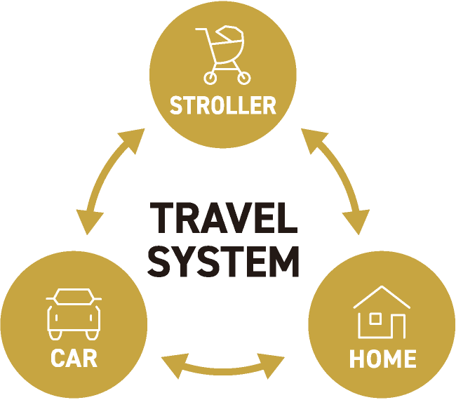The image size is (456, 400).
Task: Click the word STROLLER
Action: (223, 106)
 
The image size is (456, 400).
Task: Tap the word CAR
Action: (74, 358)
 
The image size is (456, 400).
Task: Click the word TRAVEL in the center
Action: (223, 220)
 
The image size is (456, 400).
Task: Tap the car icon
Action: (74, 313)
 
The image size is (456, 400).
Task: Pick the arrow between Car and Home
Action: (223, 366)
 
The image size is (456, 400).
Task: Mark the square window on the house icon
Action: (375, 319)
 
